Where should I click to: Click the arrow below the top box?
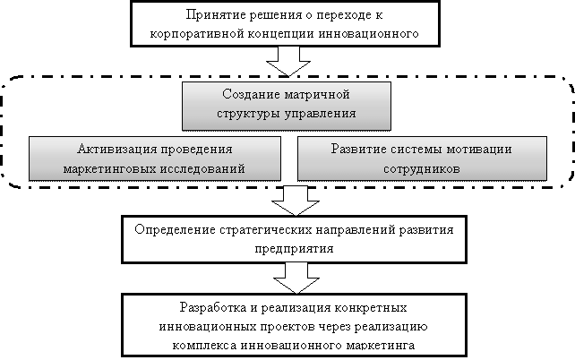coord(288,62)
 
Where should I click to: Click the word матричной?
coord(317,95)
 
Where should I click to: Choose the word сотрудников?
coord(422,169)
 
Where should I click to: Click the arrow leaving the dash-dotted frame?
coord(296,201)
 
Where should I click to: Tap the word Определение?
coord(176,230)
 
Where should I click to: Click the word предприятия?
coord(294,249)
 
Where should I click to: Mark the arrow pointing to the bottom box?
coord(296,279)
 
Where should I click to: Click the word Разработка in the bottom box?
coord(213,307)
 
